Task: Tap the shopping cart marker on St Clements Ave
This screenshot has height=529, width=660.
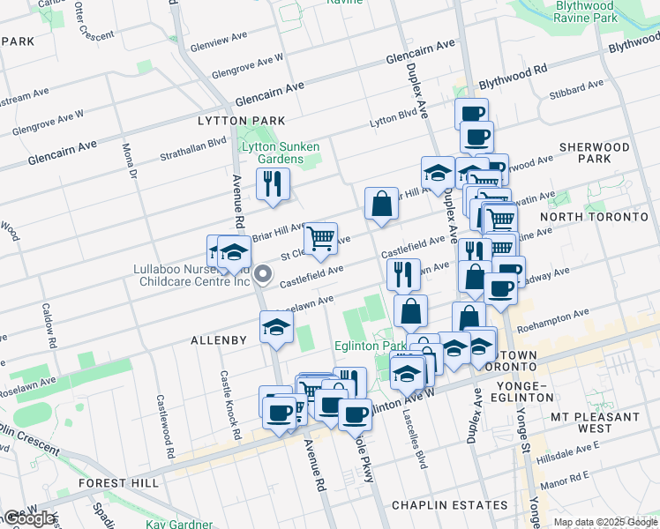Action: point(320,238)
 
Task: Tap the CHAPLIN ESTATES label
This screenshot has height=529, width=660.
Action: point(449,505)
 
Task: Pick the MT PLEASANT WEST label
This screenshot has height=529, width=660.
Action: point(594,422)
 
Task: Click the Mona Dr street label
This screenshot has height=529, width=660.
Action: point(130,160)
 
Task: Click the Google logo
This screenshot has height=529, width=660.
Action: point(30,518)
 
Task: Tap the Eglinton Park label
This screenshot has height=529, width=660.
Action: point(364,347)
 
